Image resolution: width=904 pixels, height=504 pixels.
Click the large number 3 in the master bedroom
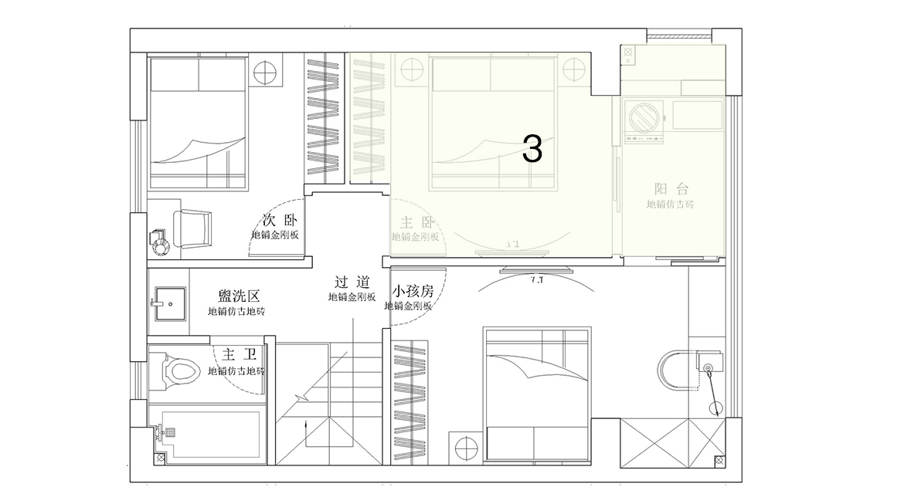(x=532, y=149)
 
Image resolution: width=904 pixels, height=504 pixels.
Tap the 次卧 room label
(x=279, y=219)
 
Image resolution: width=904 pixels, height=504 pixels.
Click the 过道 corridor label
(x=352, y=282)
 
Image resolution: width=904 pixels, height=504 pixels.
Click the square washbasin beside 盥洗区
(x=167, y=303)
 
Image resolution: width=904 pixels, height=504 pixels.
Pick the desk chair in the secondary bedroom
(x=192, y=229)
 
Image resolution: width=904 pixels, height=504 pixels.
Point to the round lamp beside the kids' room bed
(x=466, y=447)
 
